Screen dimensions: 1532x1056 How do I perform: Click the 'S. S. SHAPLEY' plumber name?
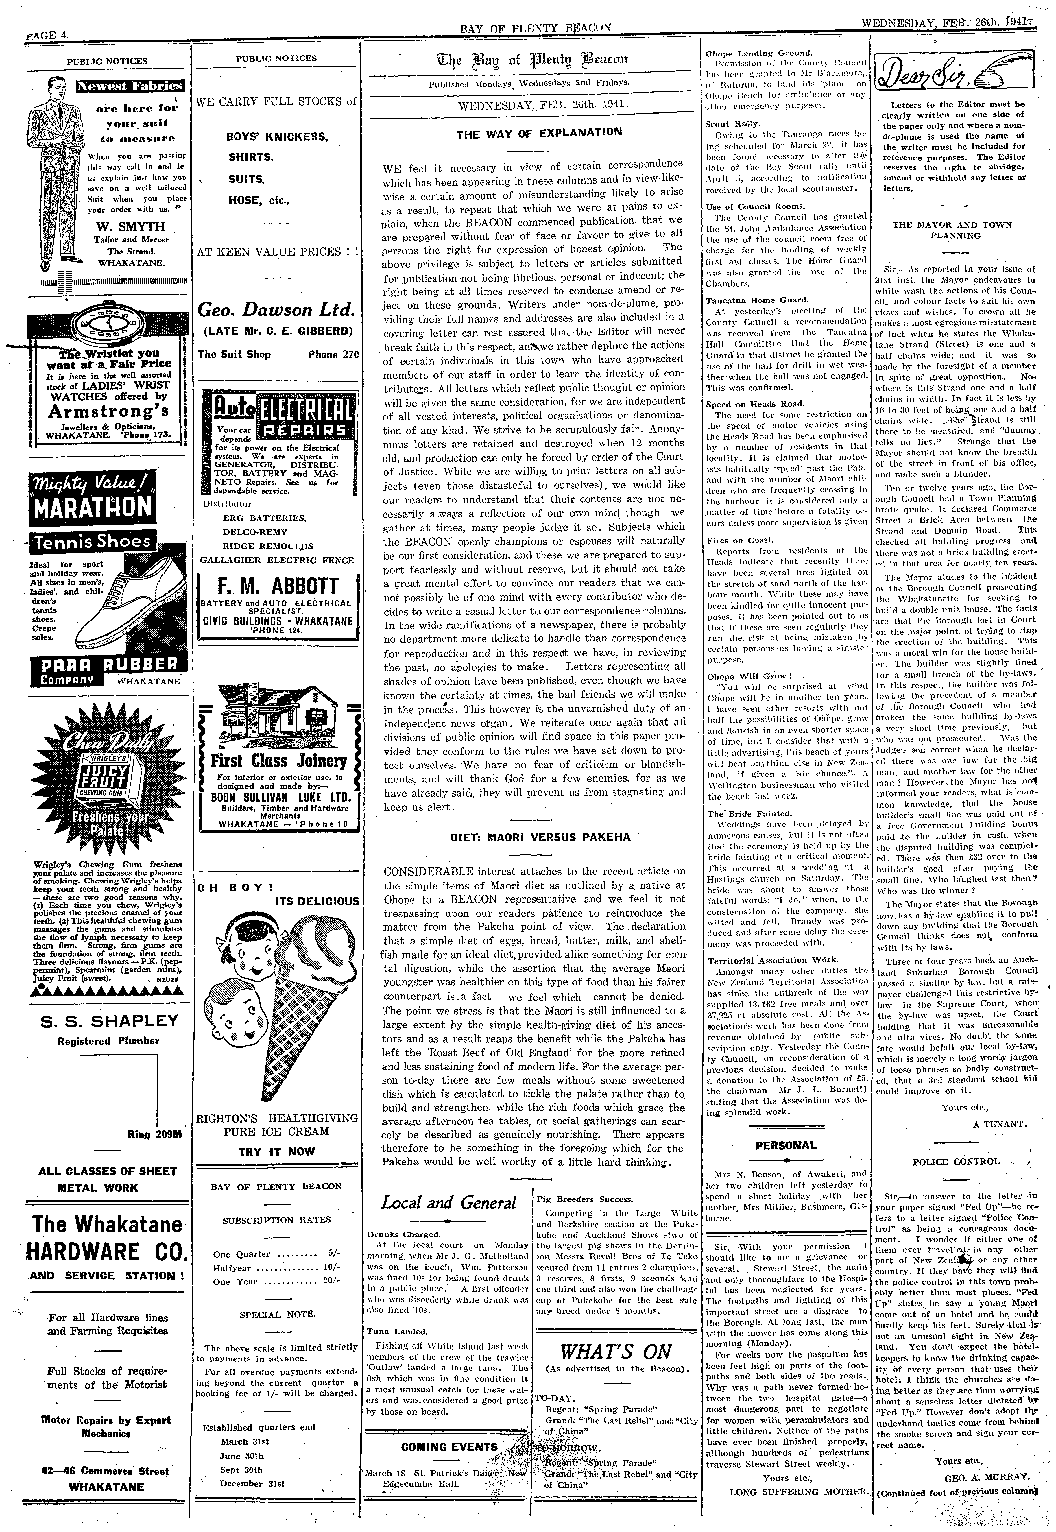coord(109,1021)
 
